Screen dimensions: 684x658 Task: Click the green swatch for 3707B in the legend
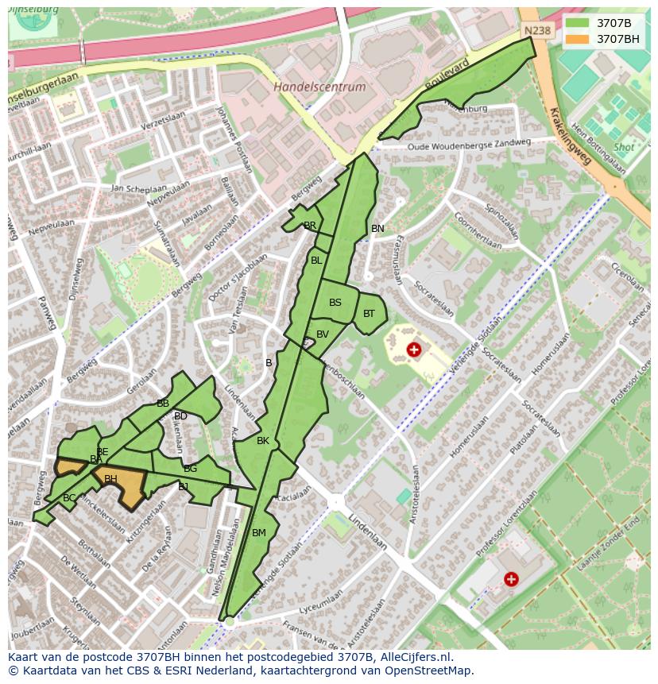point(577,23)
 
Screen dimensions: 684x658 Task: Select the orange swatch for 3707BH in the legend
point(577,38)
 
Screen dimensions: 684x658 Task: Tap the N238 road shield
point(537,31)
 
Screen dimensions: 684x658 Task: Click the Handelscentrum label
point(319,87)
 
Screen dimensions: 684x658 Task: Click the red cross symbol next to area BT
point(413,350)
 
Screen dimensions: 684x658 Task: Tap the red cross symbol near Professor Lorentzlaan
point(510,579)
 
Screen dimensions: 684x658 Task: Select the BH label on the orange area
point(110,479)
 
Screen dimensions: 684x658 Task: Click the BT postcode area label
point(369,314)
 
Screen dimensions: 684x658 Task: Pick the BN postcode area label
point(377,229)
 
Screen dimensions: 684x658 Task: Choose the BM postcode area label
point(259,533)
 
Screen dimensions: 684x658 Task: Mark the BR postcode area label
point(310,226)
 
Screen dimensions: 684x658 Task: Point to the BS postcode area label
point(335,303)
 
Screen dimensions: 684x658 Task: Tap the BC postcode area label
point(69,498)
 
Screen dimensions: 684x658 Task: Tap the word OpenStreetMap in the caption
point(430,670)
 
